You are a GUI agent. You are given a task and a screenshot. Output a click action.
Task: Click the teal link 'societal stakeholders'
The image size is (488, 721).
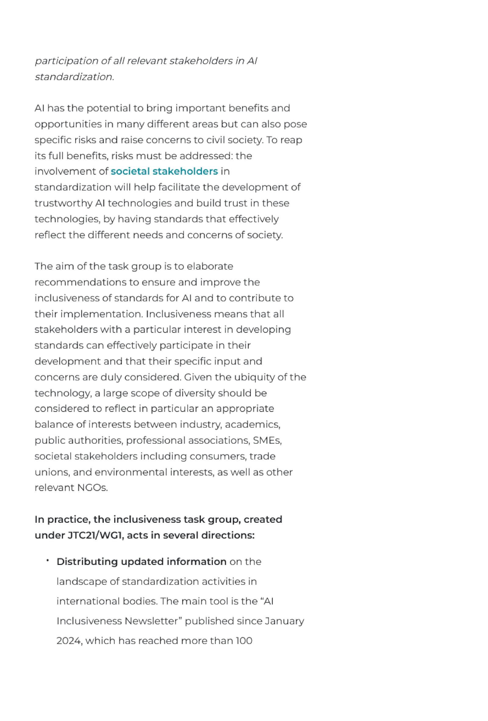pyautogui.click(x=164, y=171)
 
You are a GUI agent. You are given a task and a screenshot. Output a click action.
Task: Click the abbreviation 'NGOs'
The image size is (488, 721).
pyautogui.click(x=92, y=488)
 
